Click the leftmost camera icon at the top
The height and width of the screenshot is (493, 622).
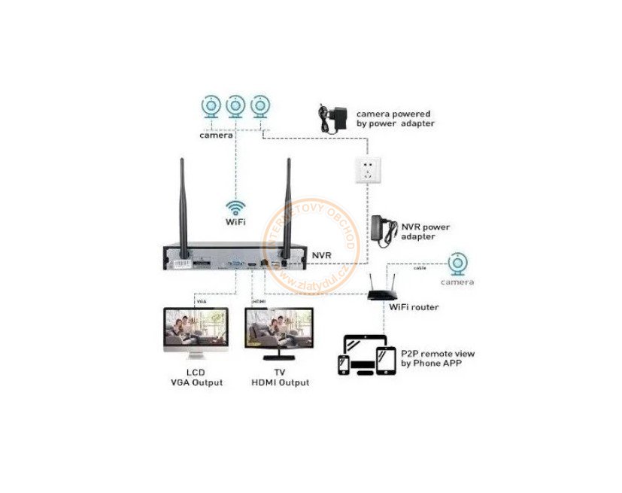click(211, 107)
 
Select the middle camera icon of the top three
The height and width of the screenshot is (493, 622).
click(235, 107)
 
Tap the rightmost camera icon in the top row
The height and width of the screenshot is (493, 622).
click(260, 107)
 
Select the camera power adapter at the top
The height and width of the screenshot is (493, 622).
click(331, 119)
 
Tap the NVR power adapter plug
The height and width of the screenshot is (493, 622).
click(384, 230)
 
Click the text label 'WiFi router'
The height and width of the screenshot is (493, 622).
click(414, 307)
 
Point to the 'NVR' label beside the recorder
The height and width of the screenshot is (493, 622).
click(322, 256)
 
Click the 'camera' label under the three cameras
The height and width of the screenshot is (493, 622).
click(215, 136)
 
